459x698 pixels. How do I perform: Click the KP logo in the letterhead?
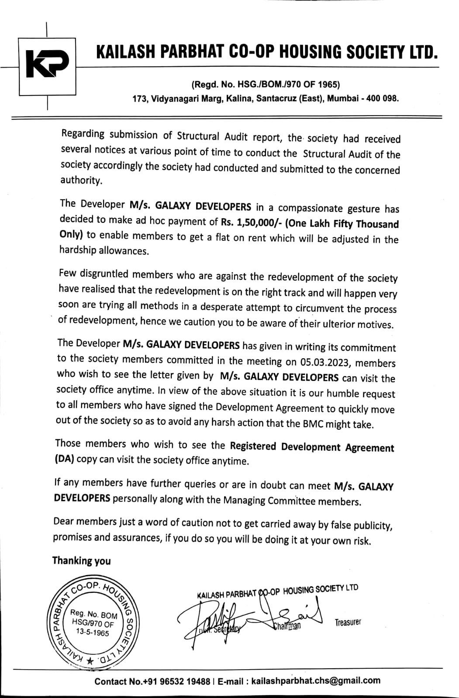pyautogui.click(x=47, y=65)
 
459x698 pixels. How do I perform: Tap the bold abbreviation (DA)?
pyautogui.click(x=65, y=459)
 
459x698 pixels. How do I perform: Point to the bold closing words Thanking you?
pyautogui.click(x=81, y=561)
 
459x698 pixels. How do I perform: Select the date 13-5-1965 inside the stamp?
pyautogui.click(x=91, y=633)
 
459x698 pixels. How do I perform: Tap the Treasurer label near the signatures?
pyautogui.click(x=348, y=623)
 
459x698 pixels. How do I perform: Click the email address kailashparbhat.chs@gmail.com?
pyautogui.click(x=316, y=681)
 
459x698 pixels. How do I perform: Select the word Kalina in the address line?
pyautogui.click(x=240, y=99)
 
